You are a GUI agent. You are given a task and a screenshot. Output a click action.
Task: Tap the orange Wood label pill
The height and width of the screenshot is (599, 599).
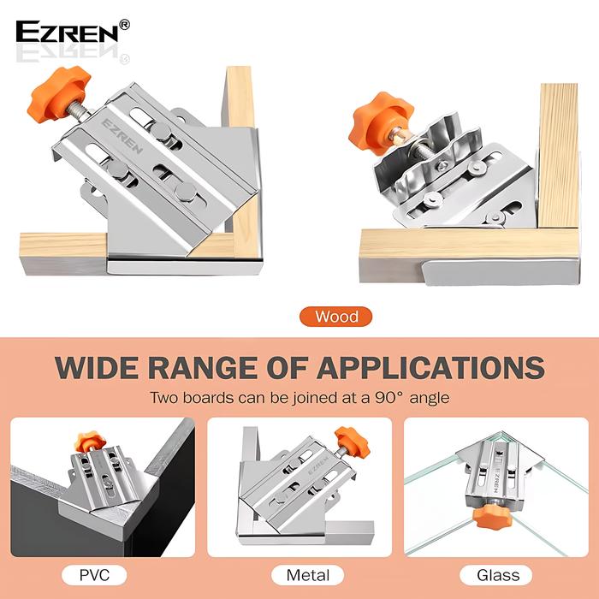(x=336, y=317)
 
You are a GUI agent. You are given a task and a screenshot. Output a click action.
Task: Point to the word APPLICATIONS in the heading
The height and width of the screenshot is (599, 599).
(x=430, y=366)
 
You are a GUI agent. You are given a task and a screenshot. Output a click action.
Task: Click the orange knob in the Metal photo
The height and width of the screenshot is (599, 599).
(x=347, y=440)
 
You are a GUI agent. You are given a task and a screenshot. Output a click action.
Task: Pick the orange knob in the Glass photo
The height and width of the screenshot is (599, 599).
(x=494, y=515)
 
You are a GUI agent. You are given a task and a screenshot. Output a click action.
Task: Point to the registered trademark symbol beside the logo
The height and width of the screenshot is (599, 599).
(x=124, y=25)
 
